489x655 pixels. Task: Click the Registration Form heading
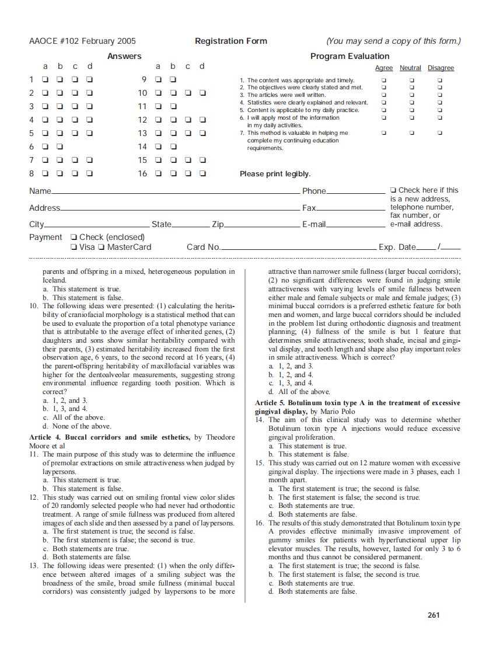231,41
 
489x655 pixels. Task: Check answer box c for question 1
75,79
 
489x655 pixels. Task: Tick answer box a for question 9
158,79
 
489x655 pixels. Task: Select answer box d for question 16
202,173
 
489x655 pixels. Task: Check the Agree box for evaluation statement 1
383,80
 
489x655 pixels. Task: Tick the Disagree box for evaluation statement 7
440,133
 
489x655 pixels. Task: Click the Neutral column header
410,68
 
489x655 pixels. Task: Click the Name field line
175,193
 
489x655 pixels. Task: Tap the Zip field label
218,224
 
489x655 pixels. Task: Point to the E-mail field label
313,224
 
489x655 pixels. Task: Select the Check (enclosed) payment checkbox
73,237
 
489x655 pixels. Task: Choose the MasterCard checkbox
102,247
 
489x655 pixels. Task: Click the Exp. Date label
397,247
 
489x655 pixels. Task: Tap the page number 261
434,615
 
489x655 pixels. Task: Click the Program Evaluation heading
350,56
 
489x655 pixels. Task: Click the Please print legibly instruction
275,174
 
